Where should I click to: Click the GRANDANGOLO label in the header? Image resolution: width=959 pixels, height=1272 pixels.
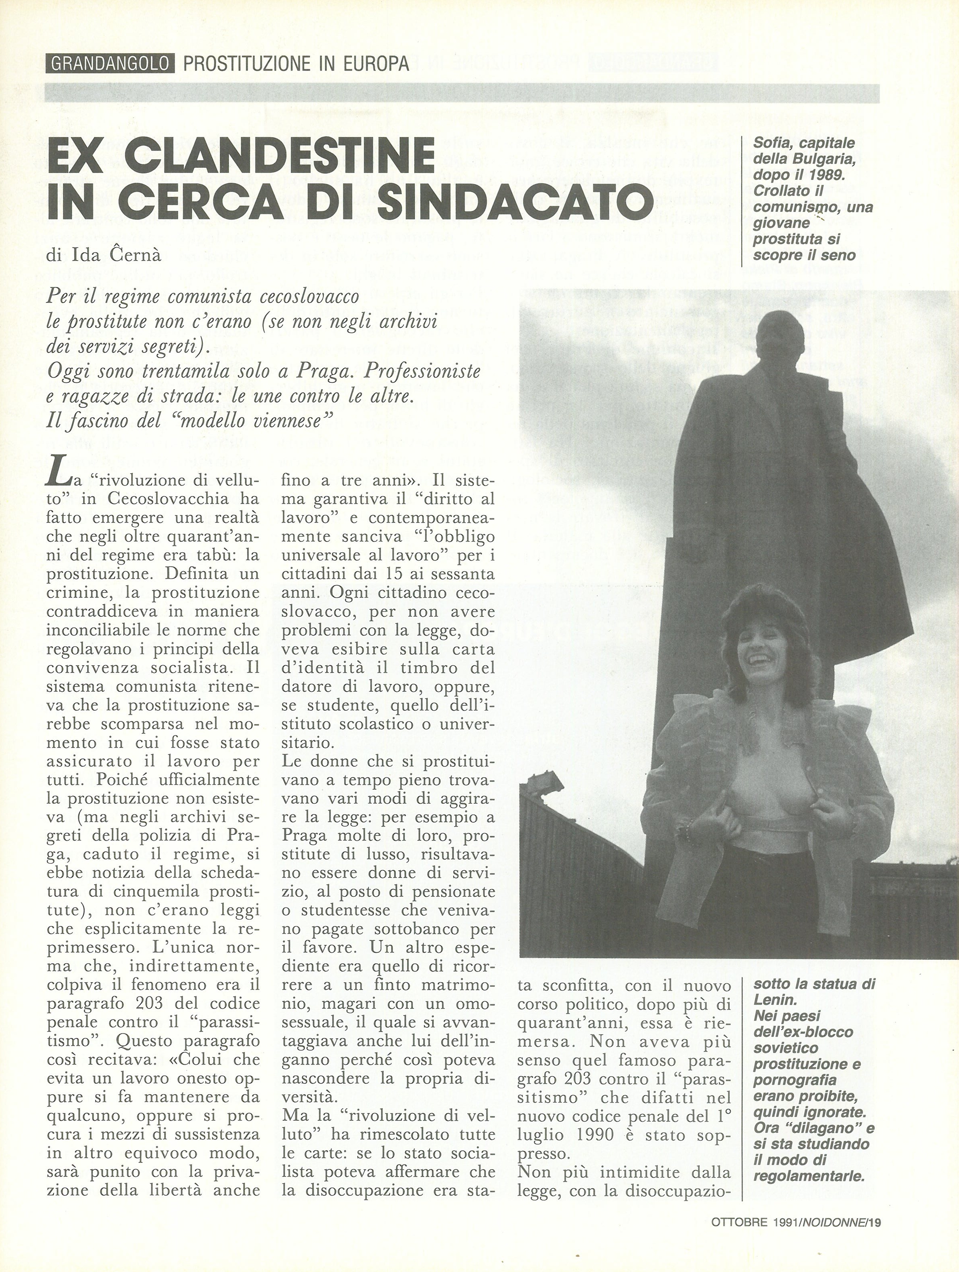click(x=110, y=64)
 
